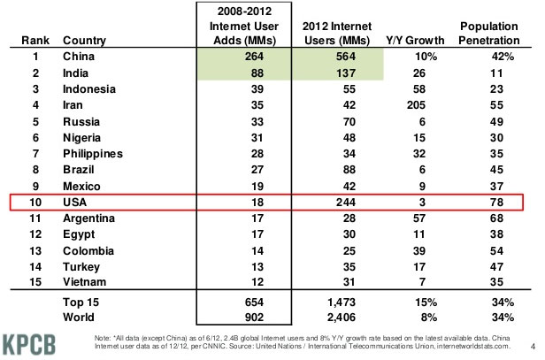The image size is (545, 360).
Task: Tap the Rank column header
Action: (35, 40)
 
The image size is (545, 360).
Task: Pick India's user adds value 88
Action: (234, 73)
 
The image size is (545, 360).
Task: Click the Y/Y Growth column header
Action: (406, 40)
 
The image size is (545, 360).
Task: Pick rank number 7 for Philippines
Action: (35, 152)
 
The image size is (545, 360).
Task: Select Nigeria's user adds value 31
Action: (234, 136)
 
